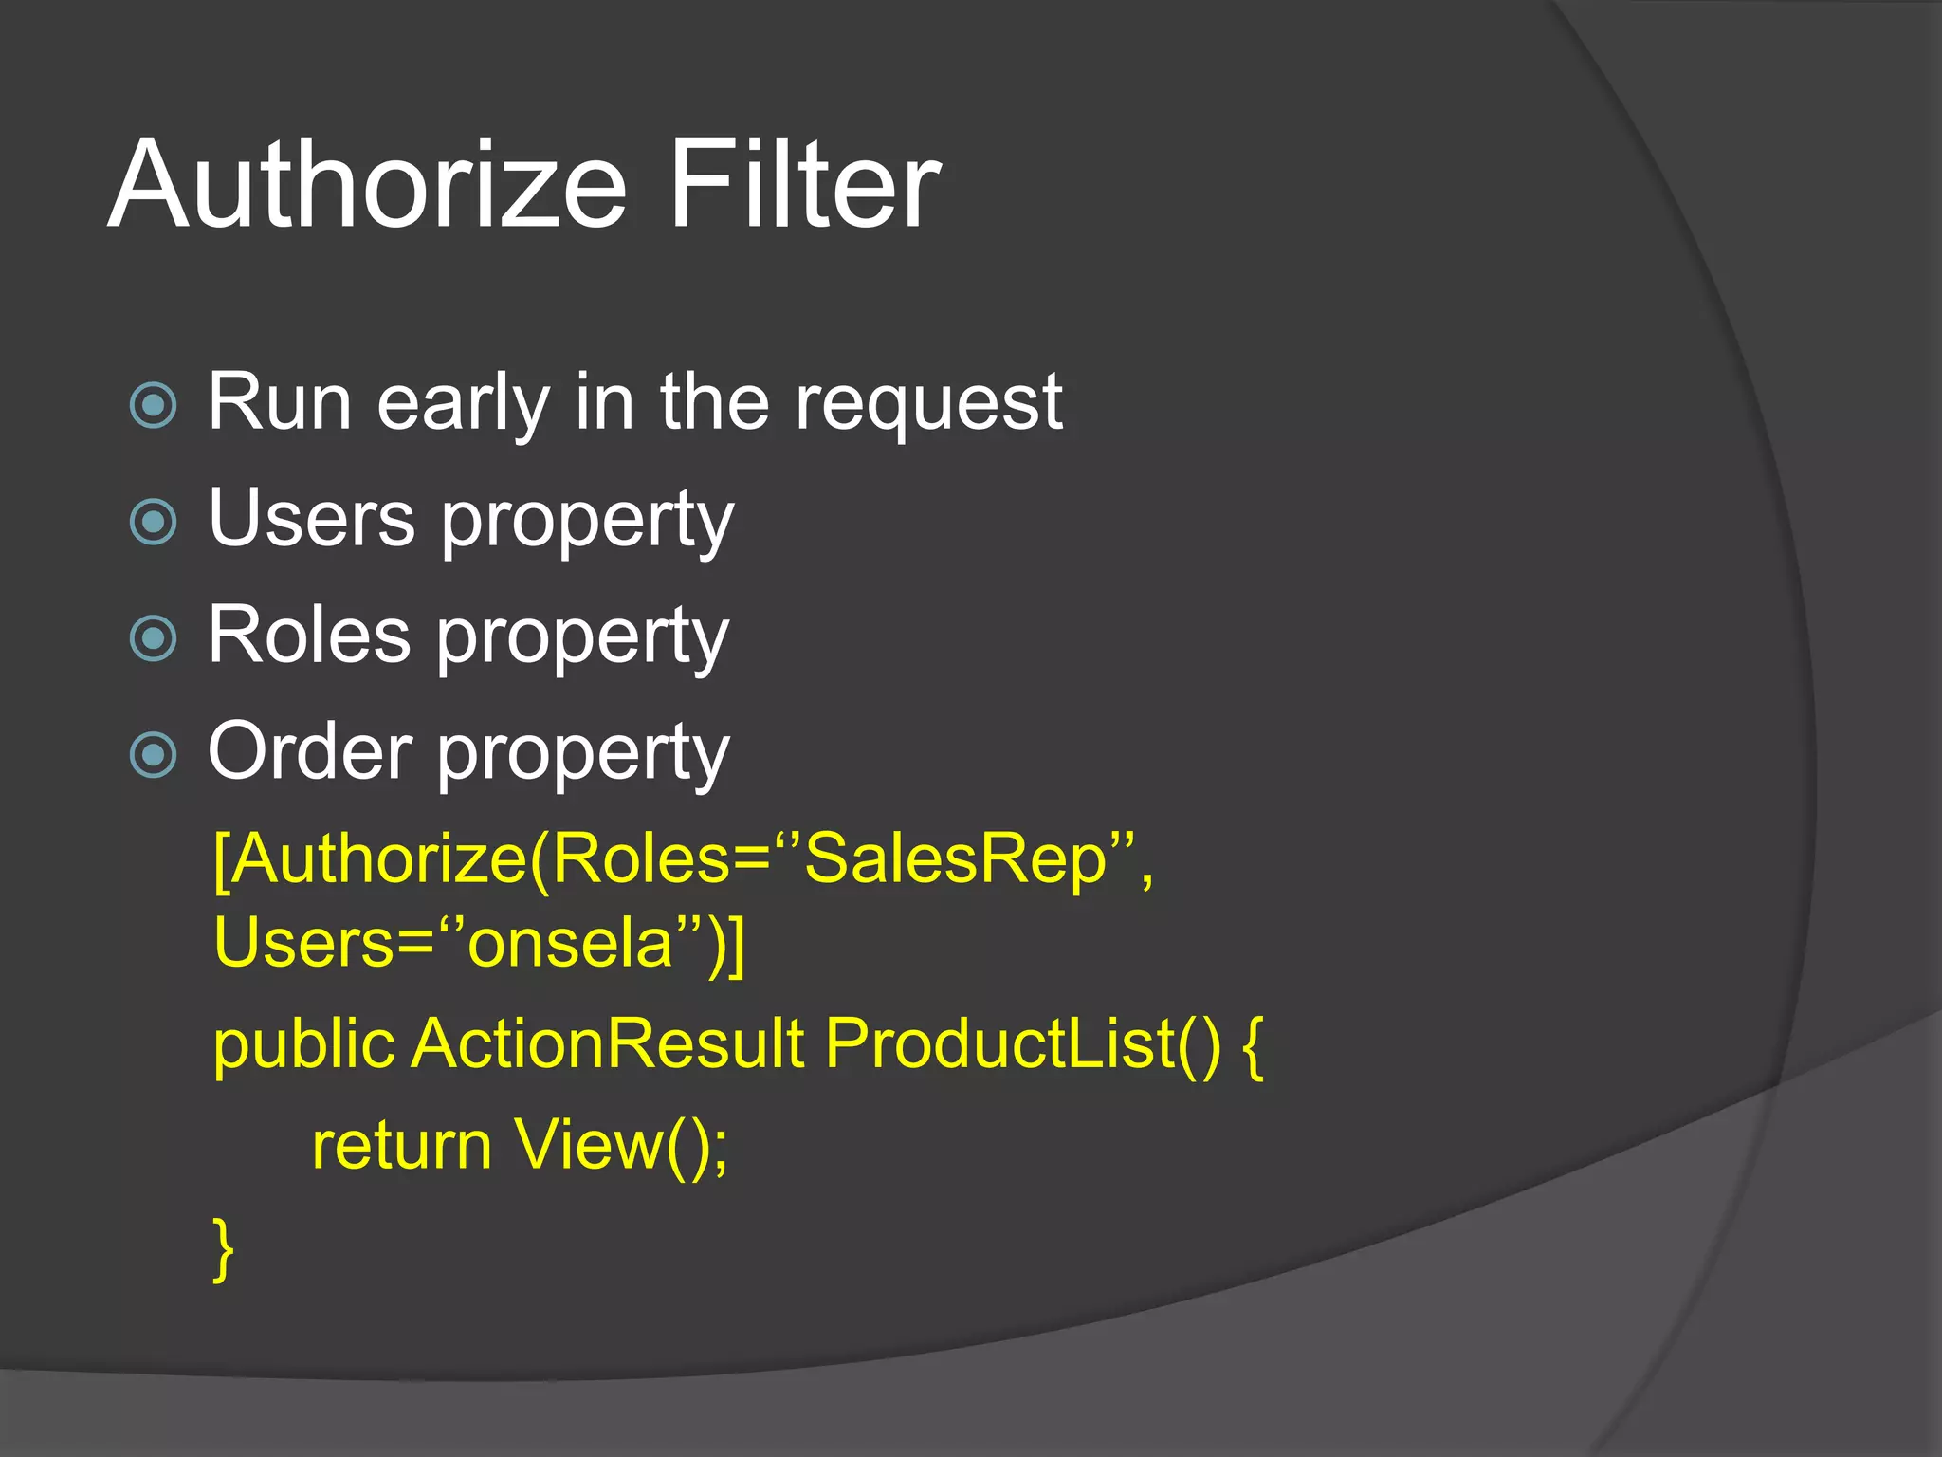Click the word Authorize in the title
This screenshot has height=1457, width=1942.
point(368,185)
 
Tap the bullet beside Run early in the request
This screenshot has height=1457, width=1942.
point(154,406)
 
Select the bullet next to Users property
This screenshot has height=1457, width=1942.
point(154,522)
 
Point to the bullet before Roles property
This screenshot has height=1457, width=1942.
point(154,638)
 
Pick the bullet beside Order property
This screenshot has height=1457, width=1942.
point(154,755)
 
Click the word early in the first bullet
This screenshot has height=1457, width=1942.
point(464,404)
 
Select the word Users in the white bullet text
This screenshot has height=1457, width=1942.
point(312,518)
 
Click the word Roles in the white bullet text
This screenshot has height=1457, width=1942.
point(309,635)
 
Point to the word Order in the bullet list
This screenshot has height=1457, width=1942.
point(310,751)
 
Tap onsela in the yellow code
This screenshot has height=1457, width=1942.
point(570,945)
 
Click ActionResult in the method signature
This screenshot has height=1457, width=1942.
point(608,1044)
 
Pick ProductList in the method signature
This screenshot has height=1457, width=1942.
point(1001,1044)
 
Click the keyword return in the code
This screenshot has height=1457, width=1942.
point(401,1146)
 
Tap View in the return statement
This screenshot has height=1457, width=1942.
point(589,1145)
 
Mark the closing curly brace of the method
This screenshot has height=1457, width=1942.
point(224,1249)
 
